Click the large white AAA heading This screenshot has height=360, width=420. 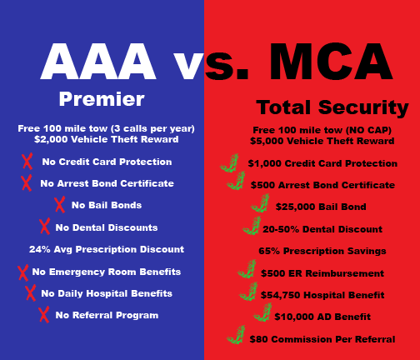tap(97, 62)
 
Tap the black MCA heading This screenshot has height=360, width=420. tap(331, 62)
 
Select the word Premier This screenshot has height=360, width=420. tap(102, 99)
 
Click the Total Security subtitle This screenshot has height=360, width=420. tap(332, 107)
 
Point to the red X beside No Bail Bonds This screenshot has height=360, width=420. tap(60, 205)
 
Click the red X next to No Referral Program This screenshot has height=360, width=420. tap(44, 315)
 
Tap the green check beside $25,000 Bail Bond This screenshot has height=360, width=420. tap(261, 203)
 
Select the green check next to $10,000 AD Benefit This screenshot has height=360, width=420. tap(262, 312)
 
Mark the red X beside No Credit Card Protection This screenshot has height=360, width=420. tap(27, 161)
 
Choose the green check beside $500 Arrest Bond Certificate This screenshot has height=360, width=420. tap(237, 181)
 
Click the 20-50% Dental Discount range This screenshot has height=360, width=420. tap(281, 229)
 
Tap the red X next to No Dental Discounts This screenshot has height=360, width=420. tap(45, 227)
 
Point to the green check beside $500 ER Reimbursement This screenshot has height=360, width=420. tap(247, 269)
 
